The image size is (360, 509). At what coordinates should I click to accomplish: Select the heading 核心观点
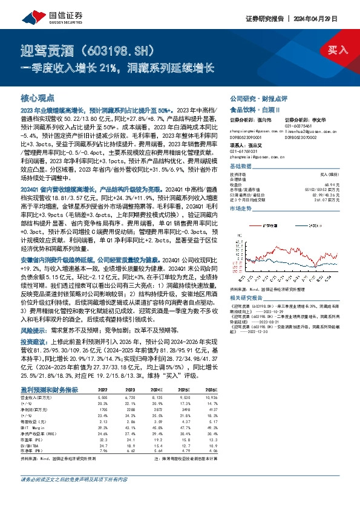tap(38, 97)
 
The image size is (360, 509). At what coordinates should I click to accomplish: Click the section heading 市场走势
tap(241, 207)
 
